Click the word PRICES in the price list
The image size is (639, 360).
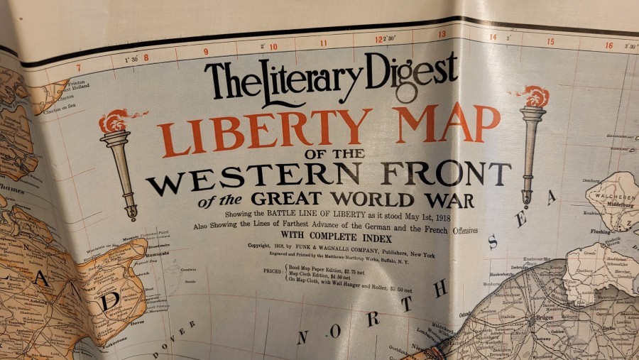pyautogui.click(x=272, y=271)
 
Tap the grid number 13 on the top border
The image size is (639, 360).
pyautogui.click(x=442, y=34)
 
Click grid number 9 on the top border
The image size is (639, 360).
pyautogui.click(x=205, y=51)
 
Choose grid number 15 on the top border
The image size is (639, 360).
pyautogui.click(x=550, y=41)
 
